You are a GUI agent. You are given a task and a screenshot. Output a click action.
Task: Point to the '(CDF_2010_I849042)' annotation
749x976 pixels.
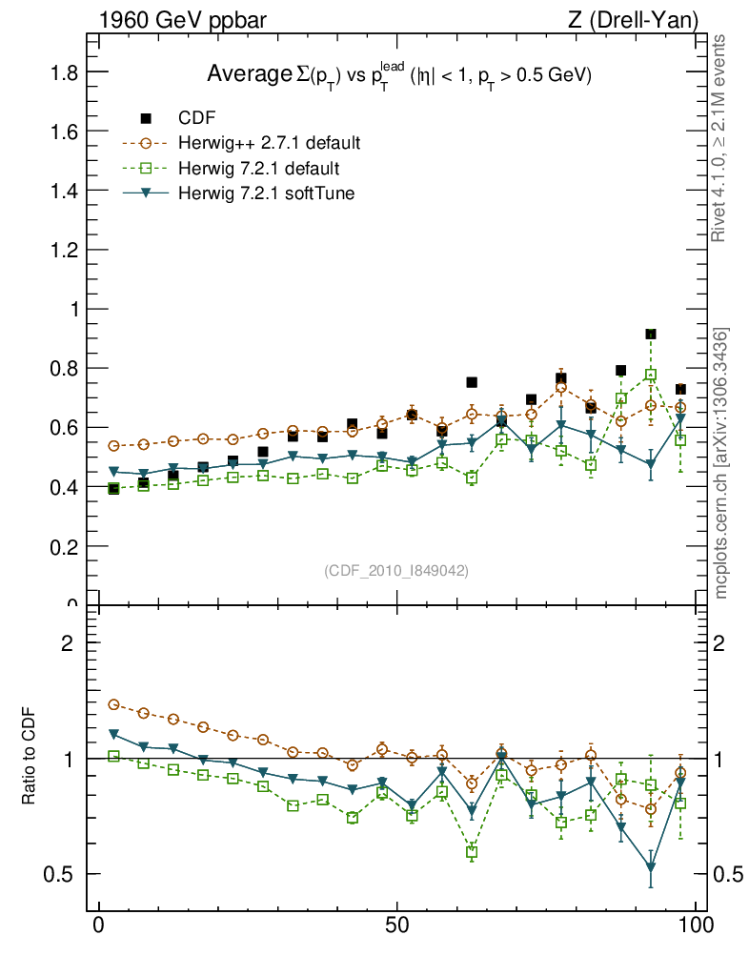pyautogui.click(x=396, y=570)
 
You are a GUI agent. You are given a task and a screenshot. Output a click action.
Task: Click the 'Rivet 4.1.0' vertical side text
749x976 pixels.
pyautogui.click(x=721, y=138)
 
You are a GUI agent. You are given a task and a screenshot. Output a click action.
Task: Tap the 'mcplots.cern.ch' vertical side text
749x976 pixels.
pyautogui.click(x=721, y=463)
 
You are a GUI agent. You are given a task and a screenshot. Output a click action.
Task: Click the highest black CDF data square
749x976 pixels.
pyautogui.click(x=651, y=335)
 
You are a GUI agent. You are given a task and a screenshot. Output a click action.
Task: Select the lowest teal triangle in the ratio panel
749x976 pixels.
pyautogui.click(x=651, y=867)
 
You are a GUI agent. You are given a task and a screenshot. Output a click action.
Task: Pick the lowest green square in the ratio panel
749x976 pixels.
pyautogui.click(x=472, y=852)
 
